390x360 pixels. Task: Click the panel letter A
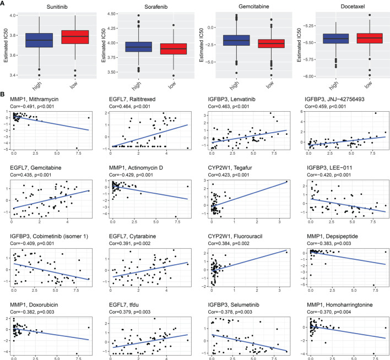(x=3, y=3)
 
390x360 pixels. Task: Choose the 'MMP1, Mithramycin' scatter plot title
(x=32, y=99)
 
